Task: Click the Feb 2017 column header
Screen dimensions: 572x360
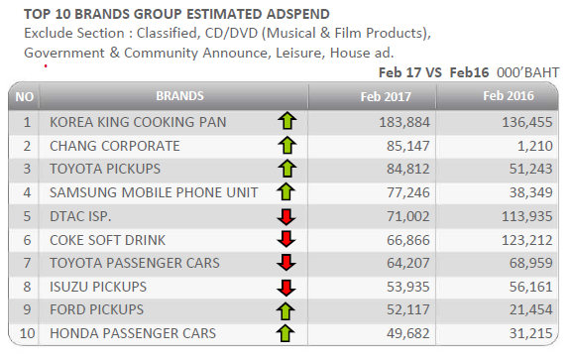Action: coord(386,97)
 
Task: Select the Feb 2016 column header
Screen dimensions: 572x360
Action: coord(509,96)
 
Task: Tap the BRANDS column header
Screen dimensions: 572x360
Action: coord(179,96)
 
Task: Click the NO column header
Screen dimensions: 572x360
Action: coord(25,97)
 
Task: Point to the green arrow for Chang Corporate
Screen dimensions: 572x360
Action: coord(287,146)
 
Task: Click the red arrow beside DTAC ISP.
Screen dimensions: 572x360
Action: coord(286,217)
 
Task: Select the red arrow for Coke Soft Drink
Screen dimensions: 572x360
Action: coord(286,240)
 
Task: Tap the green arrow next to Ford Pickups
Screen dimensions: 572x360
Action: coord(286,311)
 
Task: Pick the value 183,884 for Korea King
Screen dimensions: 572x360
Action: coord(404,122)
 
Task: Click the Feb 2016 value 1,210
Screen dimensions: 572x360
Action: coord(534,146)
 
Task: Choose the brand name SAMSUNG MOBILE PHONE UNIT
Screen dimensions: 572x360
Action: coord(154,192)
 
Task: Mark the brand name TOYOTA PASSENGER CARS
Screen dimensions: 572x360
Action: coord(135,263)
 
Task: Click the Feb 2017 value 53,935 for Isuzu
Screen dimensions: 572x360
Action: coord(407,287)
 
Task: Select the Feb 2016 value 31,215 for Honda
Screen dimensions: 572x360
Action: coord(530,333)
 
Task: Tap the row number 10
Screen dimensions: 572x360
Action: coord(27,333)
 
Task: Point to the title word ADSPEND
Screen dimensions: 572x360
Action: coord(297,14)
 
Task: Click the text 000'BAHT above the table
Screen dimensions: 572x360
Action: coord(527,72)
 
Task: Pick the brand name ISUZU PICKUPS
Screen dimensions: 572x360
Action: coord(98,287)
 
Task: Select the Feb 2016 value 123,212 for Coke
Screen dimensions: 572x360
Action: coord(527,240)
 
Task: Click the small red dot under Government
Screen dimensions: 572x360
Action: coord(46,66)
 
